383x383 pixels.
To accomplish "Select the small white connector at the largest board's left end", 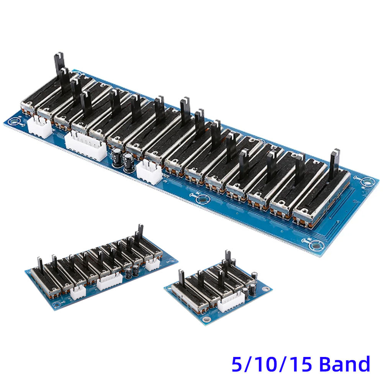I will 39,127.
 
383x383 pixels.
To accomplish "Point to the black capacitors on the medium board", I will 130,272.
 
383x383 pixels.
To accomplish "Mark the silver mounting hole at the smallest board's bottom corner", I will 207,319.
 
